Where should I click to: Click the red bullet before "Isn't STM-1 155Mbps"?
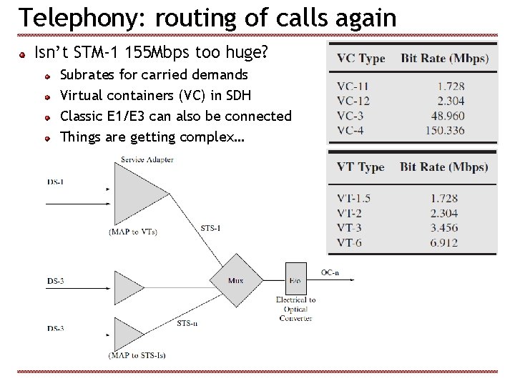(x=23, y=53)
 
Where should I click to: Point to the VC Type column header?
(x=360, y=59)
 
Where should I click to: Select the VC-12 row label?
(x=353, y=101)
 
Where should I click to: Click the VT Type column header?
(x=360, y=167)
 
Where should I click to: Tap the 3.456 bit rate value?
(x=443, y=228)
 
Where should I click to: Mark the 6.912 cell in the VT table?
(x=443, y=243)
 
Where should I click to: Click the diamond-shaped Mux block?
(x=236, y=279)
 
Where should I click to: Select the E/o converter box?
(x=295, y=279)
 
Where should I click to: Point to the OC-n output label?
(x=330, y=272)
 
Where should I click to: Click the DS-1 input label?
(x=56, y=182)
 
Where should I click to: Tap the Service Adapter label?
(x=147, y=160)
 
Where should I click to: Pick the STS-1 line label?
(x=210, y=228)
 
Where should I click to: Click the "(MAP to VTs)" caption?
(x=133, y=231)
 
